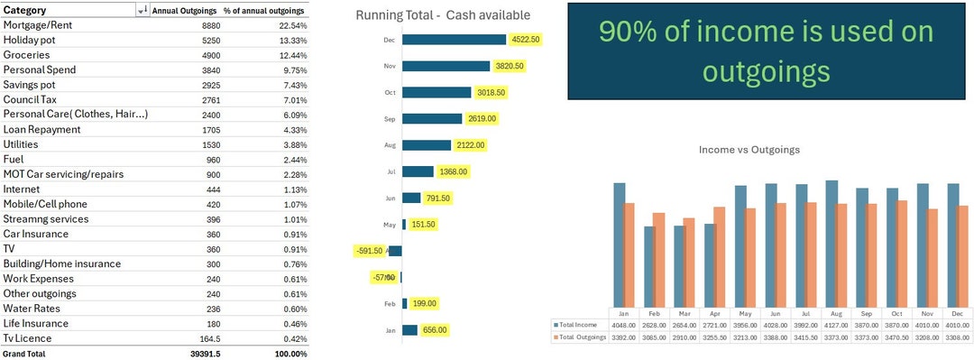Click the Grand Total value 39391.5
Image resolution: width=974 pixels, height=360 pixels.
204,354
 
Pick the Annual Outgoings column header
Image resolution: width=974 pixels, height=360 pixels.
184,10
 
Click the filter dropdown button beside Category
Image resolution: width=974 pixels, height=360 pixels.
142,10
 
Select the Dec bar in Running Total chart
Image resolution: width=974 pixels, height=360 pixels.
454,40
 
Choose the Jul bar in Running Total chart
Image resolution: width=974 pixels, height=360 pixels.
418,171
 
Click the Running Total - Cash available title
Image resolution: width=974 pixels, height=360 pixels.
443,15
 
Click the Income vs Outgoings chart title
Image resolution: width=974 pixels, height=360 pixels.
749,150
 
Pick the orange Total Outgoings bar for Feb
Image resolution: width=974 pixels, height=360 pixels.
658,263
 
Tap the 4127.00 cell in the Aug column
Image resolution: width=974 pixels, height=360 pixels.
836,323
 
